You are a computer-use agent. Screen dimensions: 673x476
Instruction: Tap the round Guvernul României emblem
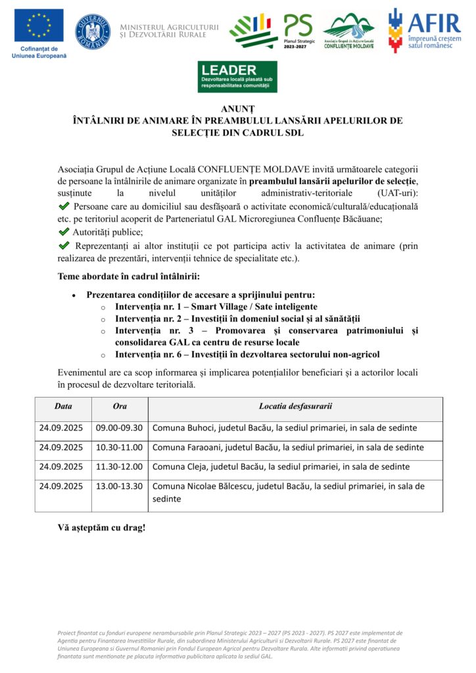click(x=93, y=32)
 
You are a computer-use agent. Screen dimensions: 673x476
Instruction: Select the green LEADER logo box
click(x=237, y=76)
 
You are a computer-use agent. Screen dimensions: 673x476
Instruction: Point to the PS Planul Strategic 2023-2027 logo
click(x=298, y=31)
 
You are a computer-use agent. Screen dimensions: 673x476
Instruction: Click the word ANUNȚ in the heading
click(x=237, y=109)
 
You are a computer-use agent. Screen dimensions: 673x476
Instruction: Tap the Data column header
click(x=64, y=406)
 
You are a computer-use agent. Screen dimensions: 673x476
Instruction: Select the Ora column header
click(x=120, y=406)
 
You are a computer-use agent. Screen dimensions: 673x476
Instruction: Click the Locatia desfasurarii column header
click(x=295, y=406)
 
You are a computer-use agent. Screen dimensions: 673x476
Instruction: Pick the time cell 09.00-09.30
click(x=119, y=428)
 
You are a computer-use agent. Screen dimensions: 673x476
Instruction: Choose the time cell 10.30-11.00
click(x=119, y=448)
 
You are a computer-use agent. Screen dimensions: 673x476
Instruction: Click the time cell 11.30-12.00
click(x=119, y=467)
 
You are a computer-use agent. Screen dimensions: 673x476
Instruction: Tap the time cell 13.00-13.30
click(x=119, y=487)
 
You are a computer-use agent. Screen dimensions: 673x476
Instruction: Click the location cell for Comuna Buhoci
click(x=285, y=428)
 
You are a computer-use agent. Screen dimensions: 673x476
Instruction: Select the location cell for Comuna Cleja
click(x=281, y=467)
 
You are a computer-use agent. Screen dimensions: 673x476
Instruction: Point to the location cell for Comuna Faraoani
click(x=288, y=448)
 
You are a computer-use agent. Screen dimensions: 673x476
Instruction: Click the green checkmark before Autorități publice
click(x=64, y=232)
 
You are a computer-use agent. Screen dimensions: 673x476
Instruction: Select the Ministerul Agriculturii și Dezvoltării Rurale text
click(x=169, y=30)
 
